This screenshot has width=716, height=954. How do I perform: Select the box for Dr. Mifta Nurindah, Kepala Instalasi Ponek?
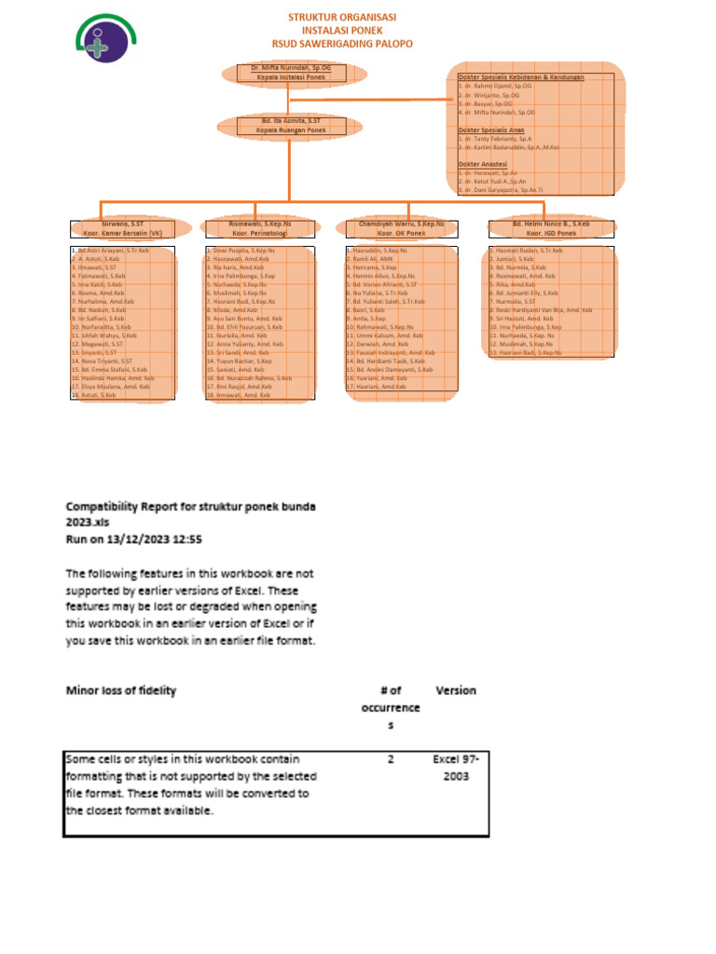coord(291,73)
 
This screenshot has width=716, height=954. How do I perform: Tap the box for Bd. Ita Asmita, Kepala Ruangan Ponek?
coord(291,125)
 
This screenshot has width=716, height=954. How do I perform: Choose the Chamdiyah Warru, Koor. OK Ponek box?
coord(401,228)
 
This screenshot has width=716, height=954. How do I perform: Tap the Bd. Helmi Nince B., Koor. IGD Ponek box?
coord(551,228)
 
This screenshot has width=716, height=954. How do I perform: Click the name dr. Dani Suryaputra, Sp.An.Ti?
coord(503,189)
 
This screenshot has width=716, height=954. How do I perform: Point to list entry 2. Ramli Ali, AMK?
coord(370,259)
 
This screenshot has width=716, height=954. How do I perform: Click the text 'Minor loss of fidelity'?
coord(120,690)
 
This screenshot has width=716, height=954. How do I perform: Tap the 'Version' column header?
coord(456,690)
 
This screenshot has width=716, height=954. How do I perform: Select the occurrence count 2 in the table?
coord(392,759)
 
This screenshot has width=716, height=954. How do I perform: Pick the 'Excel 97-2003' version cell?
coord(456,768)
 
